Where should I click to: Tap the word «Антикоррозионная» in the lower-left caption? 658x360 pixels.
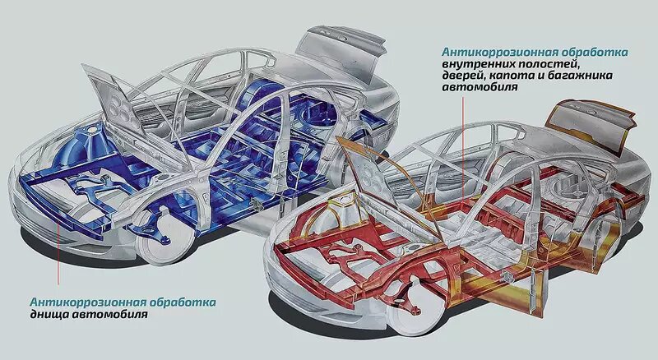click(79, 302)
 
